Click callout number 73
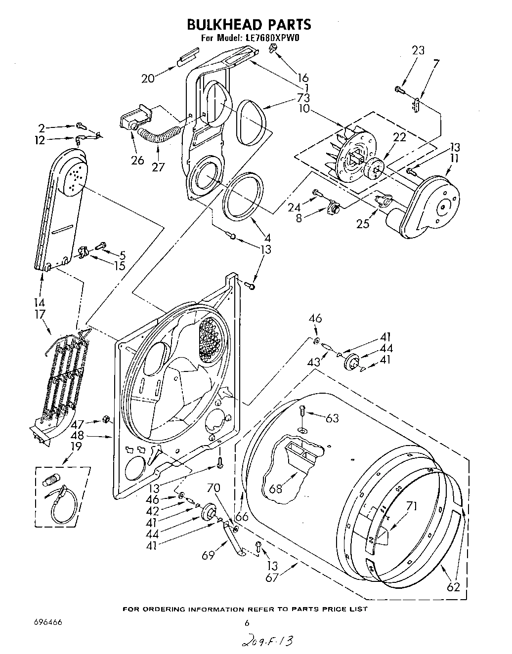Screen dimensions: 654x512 pyautogui.click(x=303, y=97)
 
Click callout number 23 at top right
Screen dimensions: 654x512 pyautogui.click(x=418, y=50)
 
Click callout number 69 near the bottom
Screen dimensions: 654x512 pyautogui.click(x=208, y=555)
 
